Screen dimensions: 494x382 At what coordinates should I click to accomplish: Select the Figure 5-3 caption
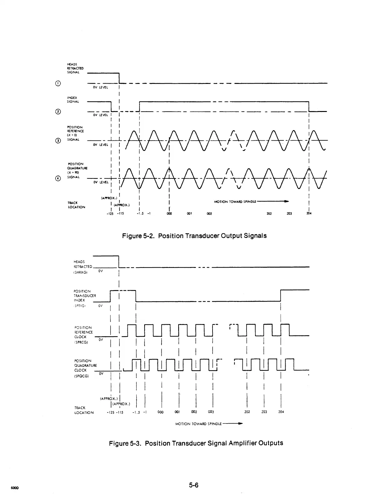click(x=196, y=443)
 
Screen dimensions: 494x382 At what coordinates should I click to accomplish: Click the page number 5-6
click(x=193, y=485)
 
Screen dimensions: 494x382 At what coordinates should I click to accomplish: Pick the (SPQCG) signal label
click(x=81, y=376)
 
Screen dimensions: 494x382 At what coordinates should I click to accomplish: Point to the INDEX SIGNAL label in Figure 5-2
click(x=73, y=99)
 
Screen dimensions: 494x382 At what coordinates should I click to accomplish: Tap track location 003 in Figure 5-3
click(x=211, y=412)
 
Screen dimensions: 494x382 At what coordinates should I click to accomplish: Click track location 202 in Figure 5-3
click(x=247, y=412)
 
